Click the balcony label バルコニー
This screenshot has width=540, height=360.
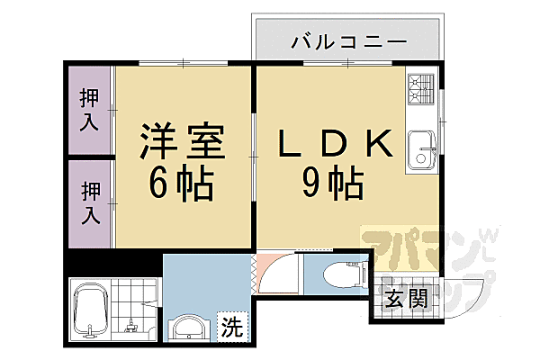click(349, 42)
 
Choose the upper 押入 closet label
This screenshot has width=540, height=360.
click(90, 109)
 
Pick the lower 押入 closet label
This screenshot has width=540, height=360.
click(90, 202)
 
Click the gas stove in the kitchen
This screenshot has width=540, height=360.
click(420, 90)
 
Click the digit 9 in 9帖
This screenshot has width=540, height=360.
click(313, 184)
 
